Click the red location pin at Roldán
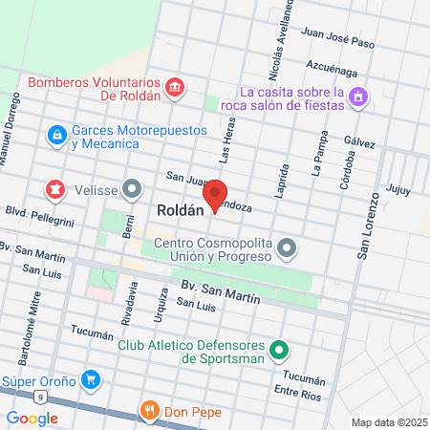tap(216, 196)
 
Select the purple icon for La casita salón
tap(357, 97)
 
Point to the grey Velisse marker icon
tap(132, 188)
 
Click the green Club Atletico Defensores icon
tap(279, 351)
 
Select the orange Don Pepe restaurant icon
tap(149, 411)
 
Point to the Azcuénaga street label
tap(333, 72)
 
